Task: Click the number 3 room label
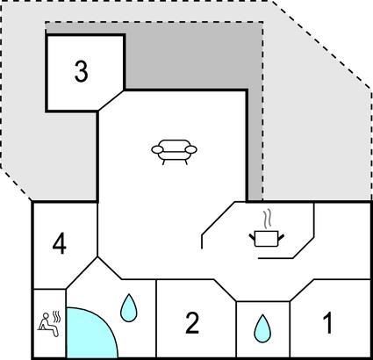(81, 72)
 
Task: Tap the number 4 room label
(60, 245)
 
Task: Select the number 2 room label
(192, 323)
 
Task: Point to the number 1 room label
(328, 323)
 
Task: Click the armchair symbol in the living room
(174, 152)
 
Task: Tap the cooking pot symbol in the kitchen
(266, 238)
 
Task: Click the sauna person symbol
(48, 324)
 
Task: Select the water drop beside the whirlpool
(129, 308)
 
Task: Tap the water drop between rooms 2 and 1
(262, 328)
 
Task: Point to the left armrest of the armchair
(157, 149)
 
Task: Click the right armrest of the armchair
(191, 149)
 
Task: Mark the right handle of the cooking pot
(281, 238)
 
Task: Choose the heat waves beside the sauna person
(55, 317)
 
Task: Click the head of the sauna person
(46, 315)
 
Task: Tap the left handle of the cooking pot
(252, 238)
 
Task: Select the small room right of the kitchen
(342, 241)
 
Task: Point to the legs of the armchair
(175, 162)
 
